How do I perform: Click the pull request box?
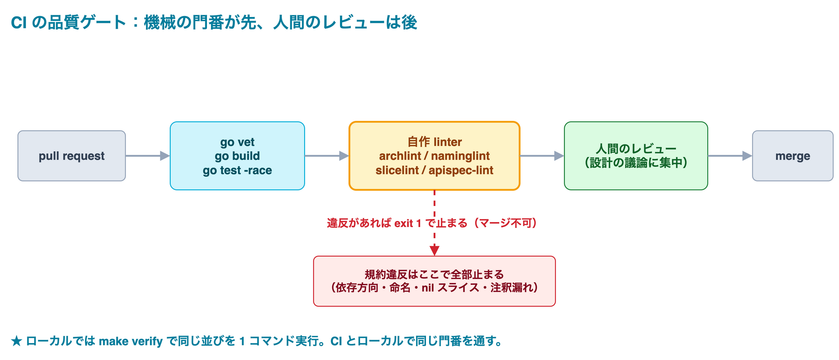(x=72, y=156)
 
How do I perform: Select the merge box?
(x=792, y=156)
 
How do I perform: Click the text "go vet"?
(x=237, y=142)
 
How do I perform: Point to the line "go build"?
(x=237, y=156)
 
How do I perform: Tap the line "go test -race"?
(x=237, y=170)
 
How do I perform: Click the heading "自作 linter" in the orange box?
(x=435, y=142)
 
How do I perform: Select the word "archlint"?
(x=400, y=156)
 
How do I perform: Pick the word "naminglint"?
(x=460, y=156)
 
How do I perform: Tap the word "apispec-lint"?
(x=461, y=170)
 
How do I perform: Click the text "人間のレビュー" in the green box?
(x=636, y=149)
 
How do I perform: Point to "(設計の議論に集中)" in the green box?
(x=636, y=163)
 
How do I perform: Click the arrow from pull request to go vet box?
(x=148, y=156)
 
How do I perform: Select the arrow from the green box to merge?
(x=730, y=156)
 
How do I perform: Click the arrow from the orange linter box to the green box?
(x=542, y=156)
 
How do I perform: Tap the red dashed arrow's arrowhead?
(x=435, y=251)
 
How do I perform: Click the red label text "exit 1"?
(x=408, y=223)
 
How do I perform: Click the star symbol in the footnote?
(x=17, y=342)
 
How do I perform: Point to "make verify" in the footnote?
(x=130, y=342)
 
